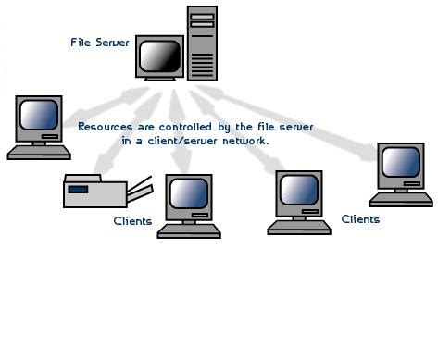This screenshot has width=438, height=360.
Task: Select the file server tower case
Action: [x=206, y=44]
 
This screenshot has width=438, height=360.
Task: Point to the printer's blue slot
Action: [x=79, y=189]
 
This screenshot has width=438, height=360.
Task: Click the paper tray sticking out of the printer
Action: [x=140, y=191]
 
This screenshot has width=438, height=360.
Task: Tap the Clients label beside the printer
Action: [x=132, y=221]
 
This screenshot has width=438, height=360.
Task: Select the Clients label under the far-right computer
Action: [x=360, y=219]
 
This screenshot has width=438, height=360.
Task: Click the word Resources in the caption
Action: [x=104, y=126]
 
